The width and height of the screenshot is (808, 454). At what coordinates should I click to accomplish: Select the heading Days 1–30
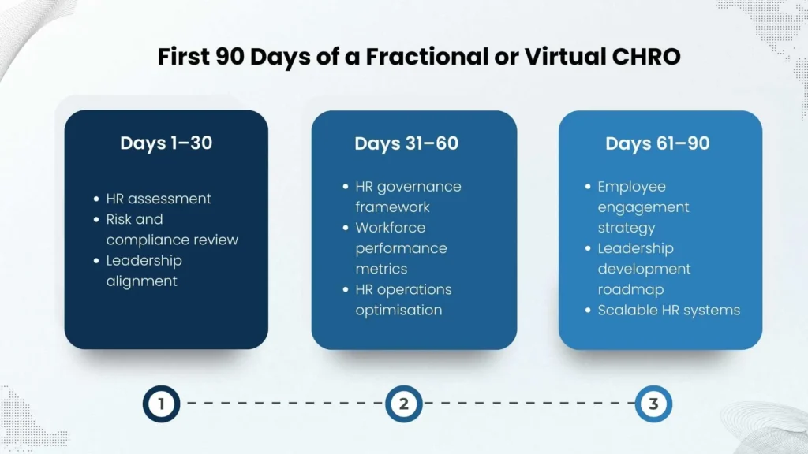click(166, 143)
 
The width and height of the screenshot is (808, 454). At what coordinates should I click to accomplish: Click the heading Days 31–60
click(406, 143)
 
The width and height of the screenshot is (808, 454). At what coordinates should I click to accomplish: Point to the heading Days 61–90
click(657, 143)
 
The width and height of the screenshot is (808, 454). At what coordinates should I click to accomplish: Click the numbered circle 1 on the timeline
click(161, 404)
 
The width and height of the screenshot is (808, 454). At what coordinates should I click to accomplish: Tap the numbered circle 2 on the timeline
click(404, 404)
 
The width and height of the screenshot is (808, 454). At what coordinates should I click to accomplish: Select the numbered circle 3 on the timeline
click(653, 404)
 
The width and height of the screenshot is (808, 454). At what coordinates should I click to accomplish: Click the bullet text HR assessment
click(159, 199)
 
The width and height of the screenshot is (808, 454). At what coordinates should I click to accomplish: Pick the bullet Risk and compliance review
click(171, 229)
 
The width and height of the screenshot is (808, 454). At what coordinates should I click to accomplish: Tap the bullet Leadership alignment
click(144, 270)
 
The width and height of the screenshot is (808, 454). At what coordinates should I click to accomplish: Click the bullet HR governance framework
click(408, 196)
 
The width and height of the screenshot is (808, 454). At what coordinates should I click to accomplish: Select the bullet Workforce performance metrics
click(401, 248)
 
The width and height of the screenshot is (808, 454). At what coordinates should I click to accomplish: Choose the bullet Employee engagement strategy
click(643, 207)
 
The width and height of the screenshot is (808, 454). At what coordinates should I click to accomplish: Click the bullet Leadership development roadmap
click(644, 269)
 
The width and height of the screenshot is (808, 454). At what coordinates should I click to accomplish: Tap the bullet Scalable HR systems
click(668, 310)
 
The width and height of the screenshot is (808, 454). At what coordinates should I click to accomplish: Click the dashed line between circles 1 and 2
click(282, 404)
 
